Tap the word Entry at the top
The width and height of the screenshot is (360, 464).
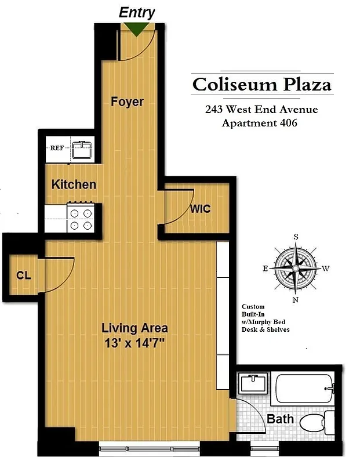tap(137, 13)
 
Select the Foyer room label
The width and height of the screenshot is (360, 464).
tap(127, 101)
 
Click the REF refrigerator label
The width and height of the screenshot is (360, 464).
tap(57, 148)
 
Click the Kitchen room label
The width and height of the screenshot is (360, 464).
tap(74, 184)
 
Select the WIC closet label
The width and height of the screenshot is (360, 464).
tap(201, 209)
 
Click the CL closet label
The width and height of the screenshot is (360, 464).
tap(23, 275)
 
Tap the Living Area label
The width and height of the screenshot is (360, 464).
tap(134, 328)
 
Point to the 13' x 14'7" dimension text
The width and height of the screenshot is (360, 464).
tap(134, 343)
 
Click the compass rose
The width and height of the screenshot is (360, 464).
tap(296, 269)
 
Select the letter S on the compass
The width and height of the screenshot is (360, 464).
tap(296, 237)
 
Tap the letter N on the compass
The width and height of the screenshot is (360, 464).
tap(296, 300)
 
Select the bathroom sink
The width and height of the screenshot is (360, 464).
tap(253, 383)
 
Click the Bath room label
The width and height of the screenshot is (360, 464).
tap(281, 419)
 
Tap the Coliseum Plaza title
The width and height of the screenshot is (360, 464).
tap(262, 85)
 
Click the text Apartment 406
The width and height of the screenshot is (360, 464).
tap(260, 122)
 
